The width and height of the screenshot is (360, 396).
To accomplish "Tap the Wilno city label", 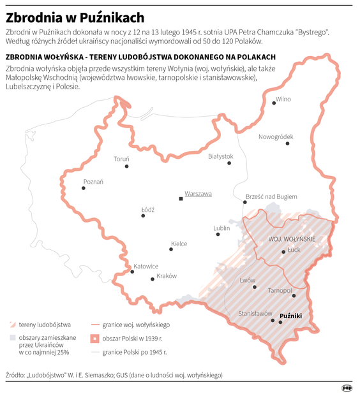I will point(283,99).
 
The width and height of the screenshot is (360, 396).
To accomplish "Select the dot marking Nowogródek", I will point(288,143).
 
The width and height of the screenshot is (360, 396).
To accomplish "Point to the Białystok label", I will point(221,156).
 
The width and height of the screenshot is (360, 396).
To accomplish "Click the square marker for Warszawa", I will point(181,199).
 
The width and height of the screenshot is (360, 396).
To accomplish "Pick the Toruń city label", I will point(121,159).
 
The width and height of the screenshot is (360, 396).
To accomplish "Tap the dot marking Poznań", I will point(83,188).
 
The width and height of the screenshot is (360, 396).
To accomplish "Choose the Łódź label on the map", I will point(147,209).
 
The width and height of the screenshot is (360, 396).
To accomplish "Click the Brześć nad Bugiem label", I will point(271,196).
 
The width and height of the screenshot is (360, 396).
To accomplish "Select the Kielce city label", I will point(179,244).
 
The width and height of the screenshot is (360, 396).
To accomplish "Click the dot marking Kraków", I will point(152,279).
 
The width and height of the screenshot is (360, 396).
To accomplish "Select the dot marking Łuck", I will point(284,253).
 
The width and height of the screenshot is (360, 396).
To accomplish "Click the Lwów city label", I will point(247,280).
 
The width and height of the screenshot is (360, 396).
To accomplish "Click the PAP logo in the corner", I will point(347,386).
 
